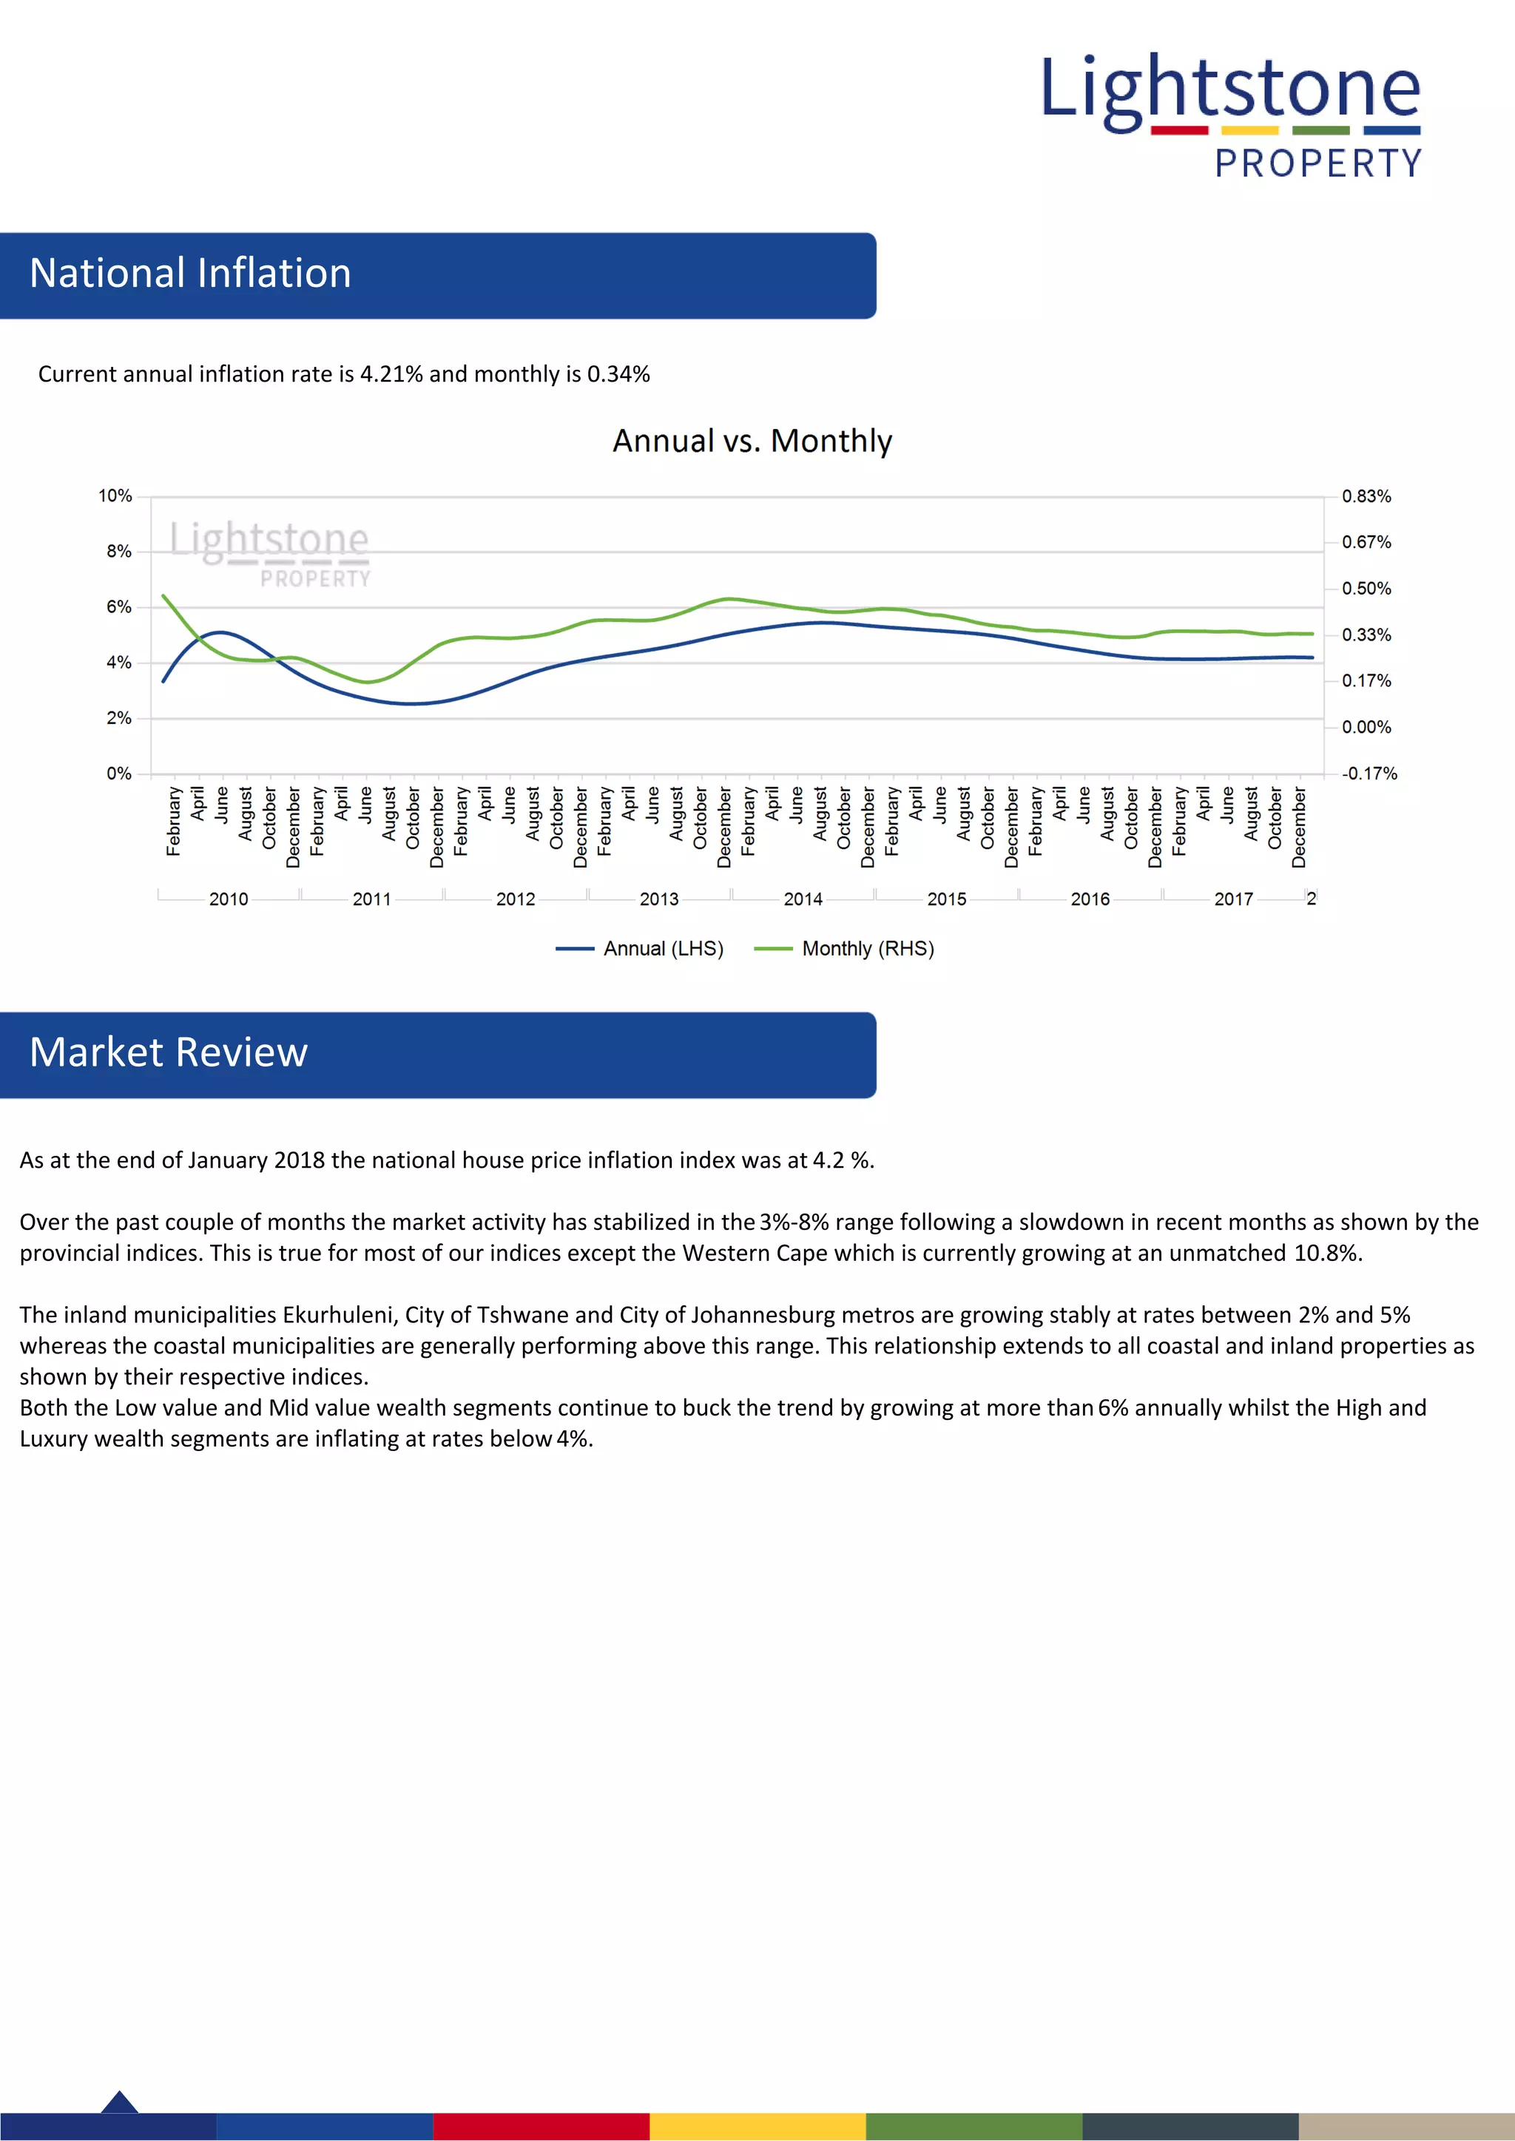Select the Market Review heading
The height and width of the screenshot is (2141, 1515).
click(169, 1053)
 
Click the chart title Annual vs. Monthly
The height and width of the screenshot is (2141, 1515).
click(752, 441)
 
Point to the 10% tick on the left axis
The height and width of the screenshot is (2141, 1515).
click(115, 496)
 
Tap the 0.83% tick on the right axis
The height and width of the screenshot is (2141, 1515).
click(1366, 496)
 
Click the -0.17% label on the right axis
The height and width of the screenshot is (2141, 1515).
click(1369, 773)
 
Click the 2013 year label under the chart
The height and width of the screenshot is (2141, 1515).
click(658, 899)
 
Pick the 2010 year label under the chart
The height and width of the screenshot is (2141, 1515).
click(229, 899)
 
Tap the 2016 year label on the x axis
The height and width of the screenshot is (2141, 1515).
click(1090, 899)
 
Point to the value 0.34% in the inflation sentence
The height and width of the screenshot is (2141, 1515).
click(618, 374)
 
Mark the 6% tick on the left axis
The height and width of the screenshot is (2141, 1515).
click(118, 607)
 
